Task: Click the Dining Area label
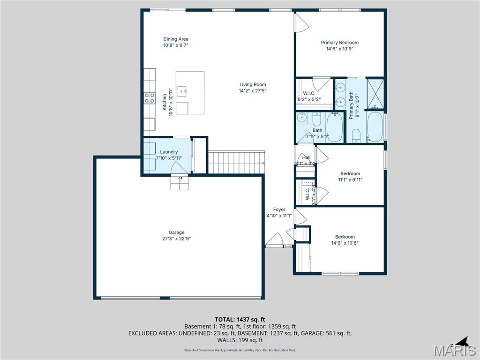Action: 176,39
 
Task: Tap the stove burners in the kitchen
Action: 150,98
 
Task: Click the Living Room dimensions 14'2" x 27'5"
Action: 253,91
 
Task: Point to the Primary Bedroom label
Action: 339,43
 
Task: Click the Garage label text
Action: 177,232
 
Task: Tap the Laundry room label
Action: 169,152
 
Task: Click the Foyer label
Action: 279,210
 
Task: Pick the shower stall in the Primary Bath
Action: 375,94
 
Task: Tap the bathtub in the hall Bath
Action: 335,127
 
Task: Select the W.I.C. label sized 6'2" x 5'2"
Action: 309,93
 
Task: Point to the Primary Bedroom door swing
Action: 301,22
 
